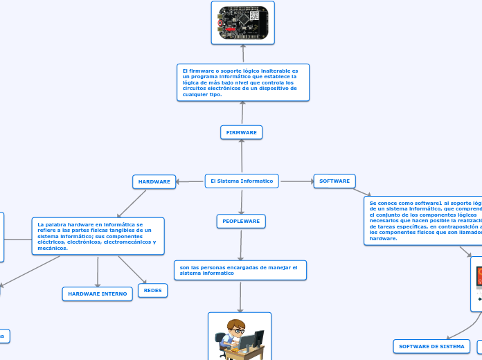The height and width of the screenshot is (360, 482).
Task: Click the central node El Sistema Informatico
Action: pos(242,181)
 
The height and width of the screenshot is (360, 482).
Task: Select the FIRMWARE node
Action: pos(241,132)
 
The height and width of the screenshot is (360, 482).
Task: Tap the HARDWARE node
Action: pos(154,181)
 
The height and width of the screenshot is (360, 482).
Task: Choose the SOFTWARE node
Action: pos(334,181)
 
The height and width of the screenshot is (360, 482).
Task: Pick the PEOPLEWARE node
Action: pos(241,221)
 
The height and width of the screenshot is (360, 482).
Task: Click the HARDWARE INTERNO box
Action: pos(98,294)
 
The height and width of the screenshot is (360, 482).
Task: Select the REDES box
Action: pos(153,290)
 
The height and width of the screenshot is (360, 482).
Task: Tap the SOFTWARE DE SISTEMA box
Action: pos(431,346)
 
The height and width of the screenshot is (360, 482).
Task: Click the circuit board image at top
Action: pos(242,23)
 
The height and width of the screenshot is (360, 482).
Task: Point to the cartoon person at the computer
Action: pos(240,338)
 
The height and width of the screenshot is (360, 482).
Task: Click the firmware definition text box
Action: pos(243,82)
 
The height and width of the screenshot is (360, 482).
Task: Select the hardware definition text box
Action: pos(98,236)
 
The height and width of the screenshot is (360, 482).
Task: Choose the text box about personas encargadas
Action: pos(240,270)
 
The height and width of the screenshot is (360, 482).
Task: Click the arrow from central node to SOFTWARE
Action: pos(296,181)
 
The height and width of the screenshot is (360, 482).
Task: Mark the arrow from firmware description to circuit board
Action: pos(243,54)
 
